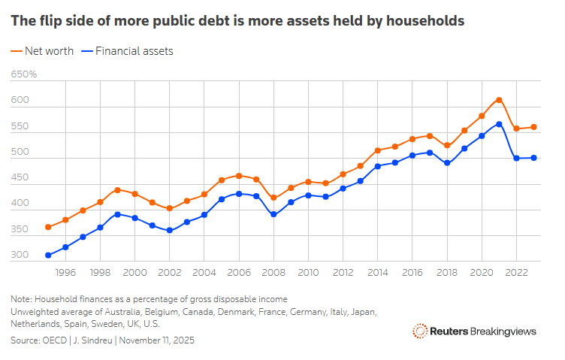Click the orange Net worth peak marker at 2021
(x=499, y=100)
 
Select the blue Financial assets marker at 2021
(x=499, y=124)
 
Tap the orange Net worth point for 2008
(x=273, y=198)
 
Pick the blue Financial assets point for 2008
(x=273, y=214)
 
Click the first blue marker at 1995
(x=48, y=256)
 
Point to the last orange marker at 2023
(x=533, y=127)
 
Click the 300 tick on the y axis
(x=20, y=256)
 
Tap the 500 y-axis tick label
(x=20, y=153)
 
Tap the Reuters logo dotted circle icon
(x=419, y=331)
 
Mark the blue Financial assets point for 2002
(x=170, y=230)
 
